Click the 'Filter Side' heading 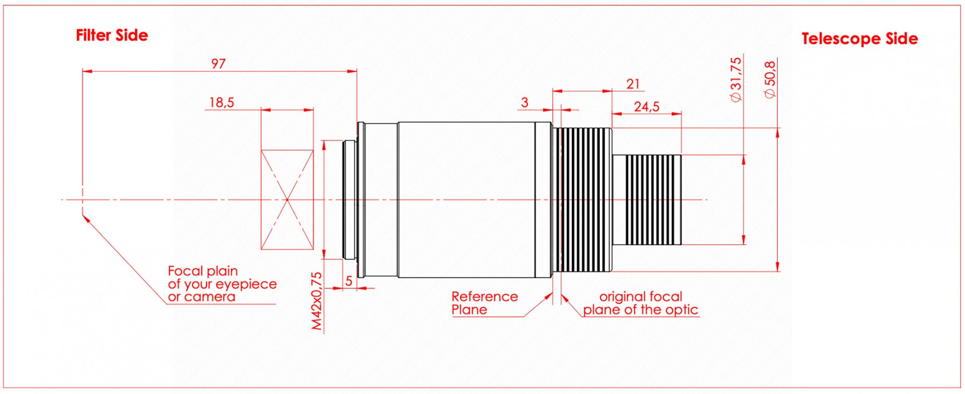pos(112,35)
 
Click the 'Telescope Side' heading pos(859,39)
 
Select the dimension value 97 pos(218,64)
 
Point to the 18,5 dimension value pos(222,102)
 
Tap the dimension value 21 pos(633,84)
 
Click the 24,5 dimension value pos(646,107)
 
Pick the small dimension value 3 pos(525,102)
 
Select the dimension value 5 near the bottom pos(349,281)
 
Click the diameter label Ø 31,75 pos(736,79)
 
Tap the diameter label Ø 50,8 pos(770,79)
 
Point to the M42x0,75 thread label pos(317,301)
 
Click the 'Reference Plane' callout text pos(485,303)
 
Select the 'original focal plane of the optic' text pos(641,303)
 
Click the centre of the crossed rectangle pos(287,200)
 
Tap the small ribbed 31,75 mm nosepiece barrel pos(647,200)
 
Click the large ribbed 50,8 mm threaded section pos(582,200)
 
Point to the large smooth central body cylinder pos(467,200)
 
